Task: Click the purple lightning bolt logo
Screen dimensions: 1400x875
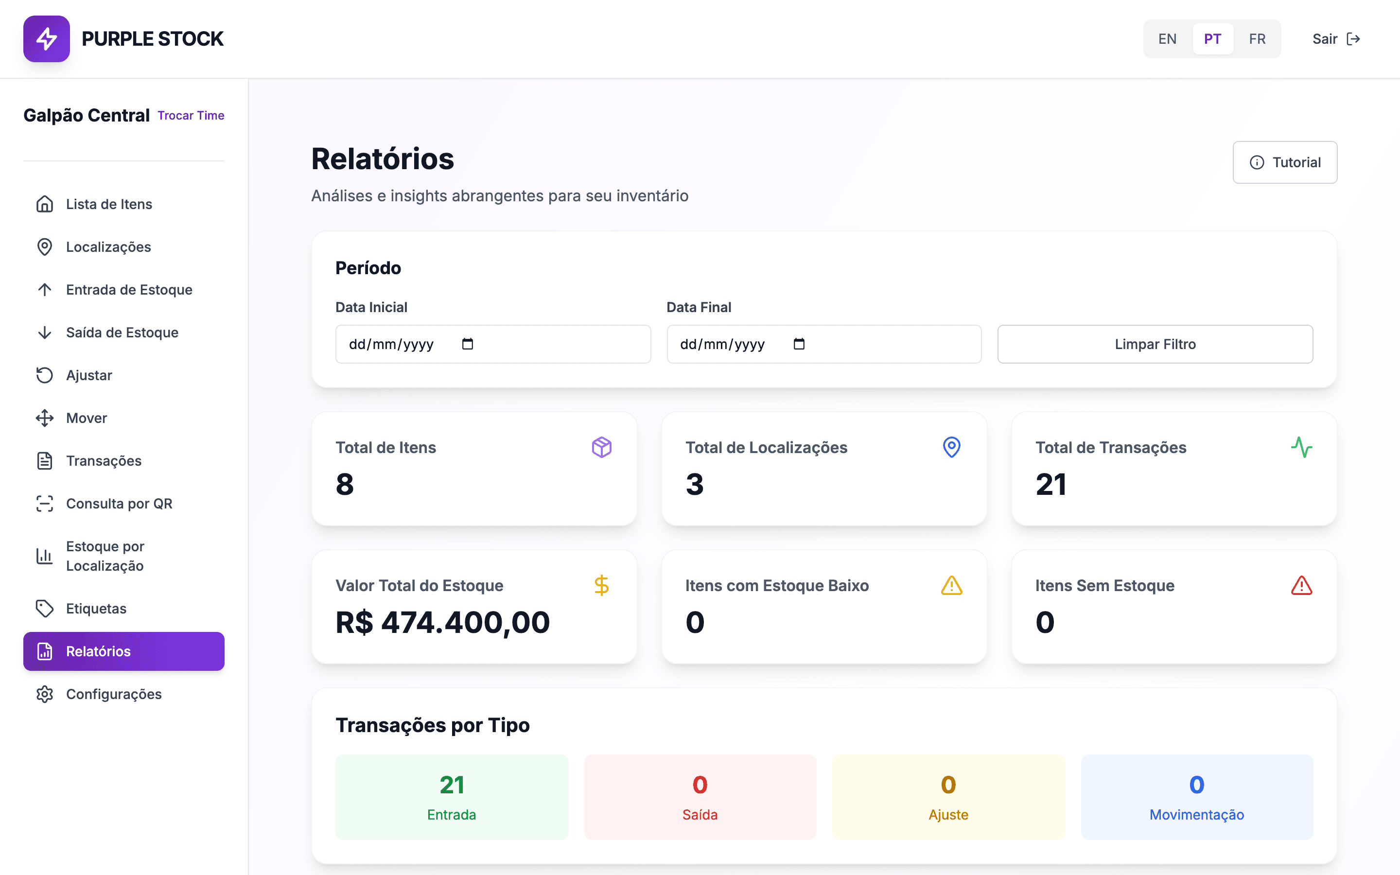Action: (x=46, y=39)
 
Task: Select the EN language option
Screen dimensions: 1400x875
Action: (x=1167, y=39)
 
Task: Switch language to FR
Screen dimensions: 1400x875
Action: (x=1257, y=39)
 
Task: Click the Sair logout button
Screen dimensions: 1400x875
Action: (x=1336, y=39)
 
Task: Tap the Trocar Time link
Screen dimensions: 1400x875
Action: (x=191, y=115)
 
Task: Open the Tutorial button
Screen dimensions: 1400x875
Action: (x=1285, y=162)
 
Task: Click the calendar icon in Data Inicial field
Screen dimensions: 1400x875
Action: (x=468, y=344)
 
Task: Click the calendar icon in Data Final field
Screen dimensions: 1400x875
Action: (x=799, y=344)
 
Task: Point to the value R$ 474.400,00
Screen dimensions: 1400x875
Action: (x=442, y=623)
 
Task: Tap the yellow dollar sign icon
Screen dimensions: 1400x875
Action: (x=602, y=586)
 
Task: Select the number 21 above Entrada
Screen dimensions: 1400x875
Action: (x=452, y=785)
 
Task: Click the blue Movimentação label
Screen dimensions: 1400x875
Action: (x=1196, y=814)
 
